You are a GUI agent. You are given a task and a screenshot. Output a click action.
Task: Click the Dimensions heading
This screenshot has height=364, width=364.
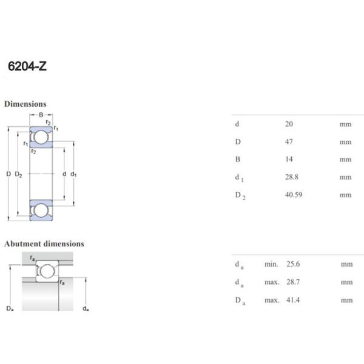[25, 104]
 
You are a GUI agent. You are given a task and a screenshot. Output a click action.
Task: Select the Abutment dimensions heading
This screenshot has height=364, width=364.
[44, 244]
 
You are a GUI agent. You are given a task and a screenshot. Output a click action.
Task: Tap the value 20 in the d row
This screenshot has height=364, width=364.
[289, 124]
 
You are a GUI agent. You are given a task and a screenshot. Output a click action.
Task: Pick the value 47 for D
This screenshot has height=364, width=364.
[289, 142]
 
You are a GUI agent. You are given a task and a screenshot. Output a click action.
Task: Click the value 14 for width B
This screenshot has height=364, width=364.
[289, 160]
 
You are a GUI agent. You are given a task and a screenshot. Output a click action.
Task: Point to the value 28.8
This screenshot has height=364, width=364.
[291, 177]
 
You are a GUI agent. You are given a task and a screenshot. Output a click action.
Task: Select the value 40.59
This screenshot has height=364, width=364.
[294, 195]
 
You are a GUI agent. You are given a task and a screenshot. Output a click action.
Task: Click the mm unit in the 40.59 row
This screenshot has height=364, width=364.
[345, 195]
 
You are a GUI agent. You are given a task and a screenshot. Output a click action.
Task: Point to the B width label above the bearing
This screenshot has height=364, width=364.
[41, 115]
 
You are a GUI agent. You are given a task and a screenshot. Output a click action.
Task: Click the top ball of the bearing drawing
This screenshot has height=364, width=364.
[41, 137]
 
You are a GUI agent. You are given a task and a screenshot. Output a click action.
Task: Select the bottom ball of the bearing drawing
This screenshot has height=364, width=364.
[41, 211]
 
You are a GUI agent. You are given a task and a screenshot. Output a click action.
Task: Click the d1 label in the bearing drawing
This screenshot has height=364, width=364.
[73, 174]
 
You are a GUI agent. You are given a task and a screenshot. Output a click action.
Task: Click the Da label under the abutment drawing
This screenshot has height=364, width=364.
[10, 309]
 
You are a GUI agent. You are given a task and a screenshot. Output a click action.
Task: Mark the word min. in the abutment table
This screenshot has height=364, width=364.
[271, 265]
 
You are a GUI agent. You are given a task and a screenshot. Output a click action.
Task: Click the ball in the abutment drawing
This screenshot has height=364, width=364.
[46, 271]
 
